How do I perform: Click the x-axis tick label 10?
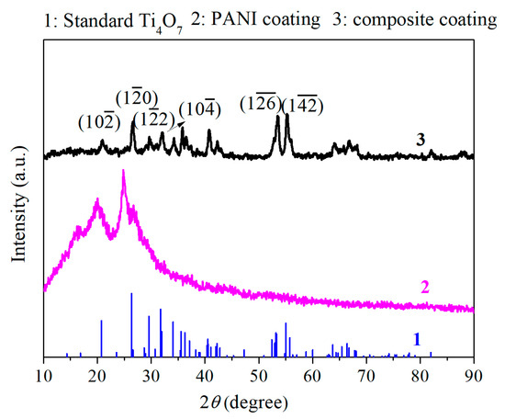(x=43, y=375)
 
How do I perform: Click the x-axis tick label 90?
(x=474, y=375)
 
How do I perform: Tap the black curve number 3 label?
(x=420, y=140)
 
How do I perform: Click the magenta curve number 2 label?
(x=425, y=287)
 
